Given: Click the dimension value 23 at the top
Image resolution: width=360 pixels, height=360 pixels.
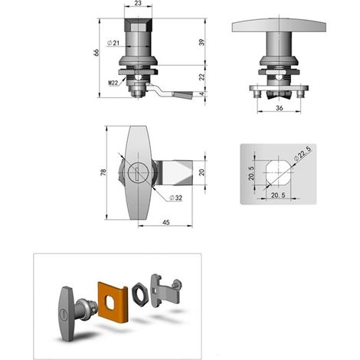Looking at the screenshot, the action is tap(138, 3).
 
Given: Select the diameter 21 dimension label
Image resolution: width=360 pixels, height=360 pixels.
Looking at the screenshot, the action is tap(113, 43).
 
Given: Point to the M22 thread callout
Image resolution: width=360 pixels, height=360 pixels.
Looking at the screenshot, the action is tap(113, 83).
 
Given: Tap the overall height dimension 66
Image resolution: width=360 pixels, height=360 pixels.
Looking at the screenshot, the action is tap(97, 52).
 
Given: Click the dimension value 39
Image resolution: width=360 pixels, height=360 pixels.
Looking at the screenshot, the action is tap(201, 42).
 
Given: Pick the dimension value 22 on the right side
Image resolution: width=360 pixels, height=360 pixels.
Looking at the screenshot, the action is tap(201, 77).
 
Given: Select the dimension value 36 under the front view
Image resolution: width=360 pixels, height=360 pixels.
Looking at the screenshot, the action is tap(280, 108).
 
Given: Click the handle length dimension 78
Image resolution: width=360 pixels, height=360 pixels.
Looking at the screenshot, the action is tap(103, 172).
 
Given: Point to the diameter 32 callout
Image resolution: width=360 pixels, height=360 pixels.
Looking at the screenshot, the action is tap(176, 198).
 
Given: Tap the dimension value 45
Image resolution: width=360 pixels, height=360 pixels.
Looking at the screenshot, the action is tap(166, 222).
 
